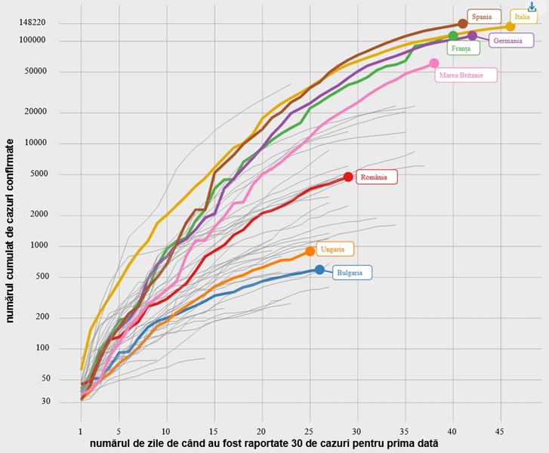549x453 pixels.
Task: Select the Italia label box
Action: pos(523,17)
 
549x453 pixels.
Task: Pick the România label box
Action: pos(376,177)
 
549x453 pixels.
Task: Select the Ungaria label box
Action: pos(333,249)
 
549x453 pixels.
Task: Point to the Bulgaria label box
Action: pos(352,273)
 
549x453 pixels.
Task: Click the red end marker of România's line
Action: pos(348,177)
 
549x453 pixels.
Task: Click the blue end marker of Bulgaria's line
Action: pos(319,270)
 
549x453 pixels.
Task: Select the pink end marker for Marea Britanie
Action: pos(434,63)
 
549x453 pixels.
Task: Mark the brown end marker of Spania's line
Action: pos(463,24)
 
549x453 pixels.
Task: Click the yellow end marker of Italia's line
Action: pos(510,26)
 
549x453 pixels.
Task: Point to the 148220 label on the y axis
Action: pos(32,23)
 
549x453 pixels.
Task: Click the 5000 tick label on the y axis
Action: pos(36,174)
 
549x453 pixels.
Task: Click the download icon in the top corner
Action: pos(532,6)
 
